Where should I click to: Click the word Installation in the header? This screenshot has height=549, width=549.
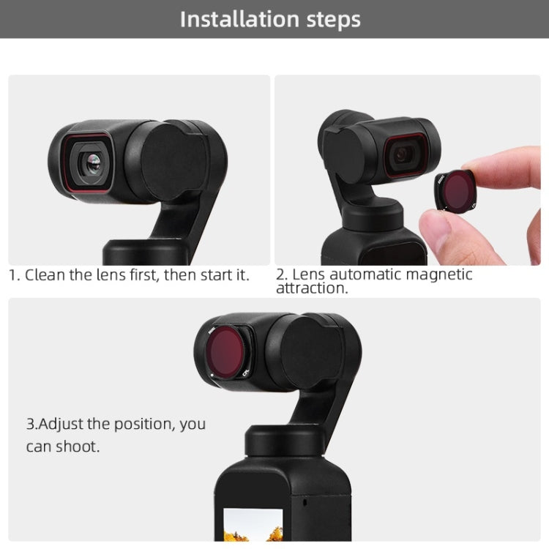coord(240,19)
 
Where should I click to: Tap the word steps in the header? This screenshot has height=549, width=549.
coord(333,20)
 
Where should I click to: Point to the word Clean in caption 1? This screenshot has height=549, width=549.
coord(45,275)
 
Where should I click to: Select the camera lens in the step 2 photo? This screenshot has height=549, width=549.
coord(403,154)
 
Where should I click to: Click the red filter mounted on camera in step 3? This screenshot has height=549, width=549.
coord(225,352)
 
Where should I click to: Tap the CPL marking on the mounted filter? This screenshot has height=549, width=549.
coord(246,373)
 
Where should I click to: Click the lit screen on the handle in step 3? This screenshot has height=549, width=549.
coord(253,525)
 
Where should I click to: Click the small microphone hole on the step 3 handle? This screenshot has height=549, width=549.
coord(305,502)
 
